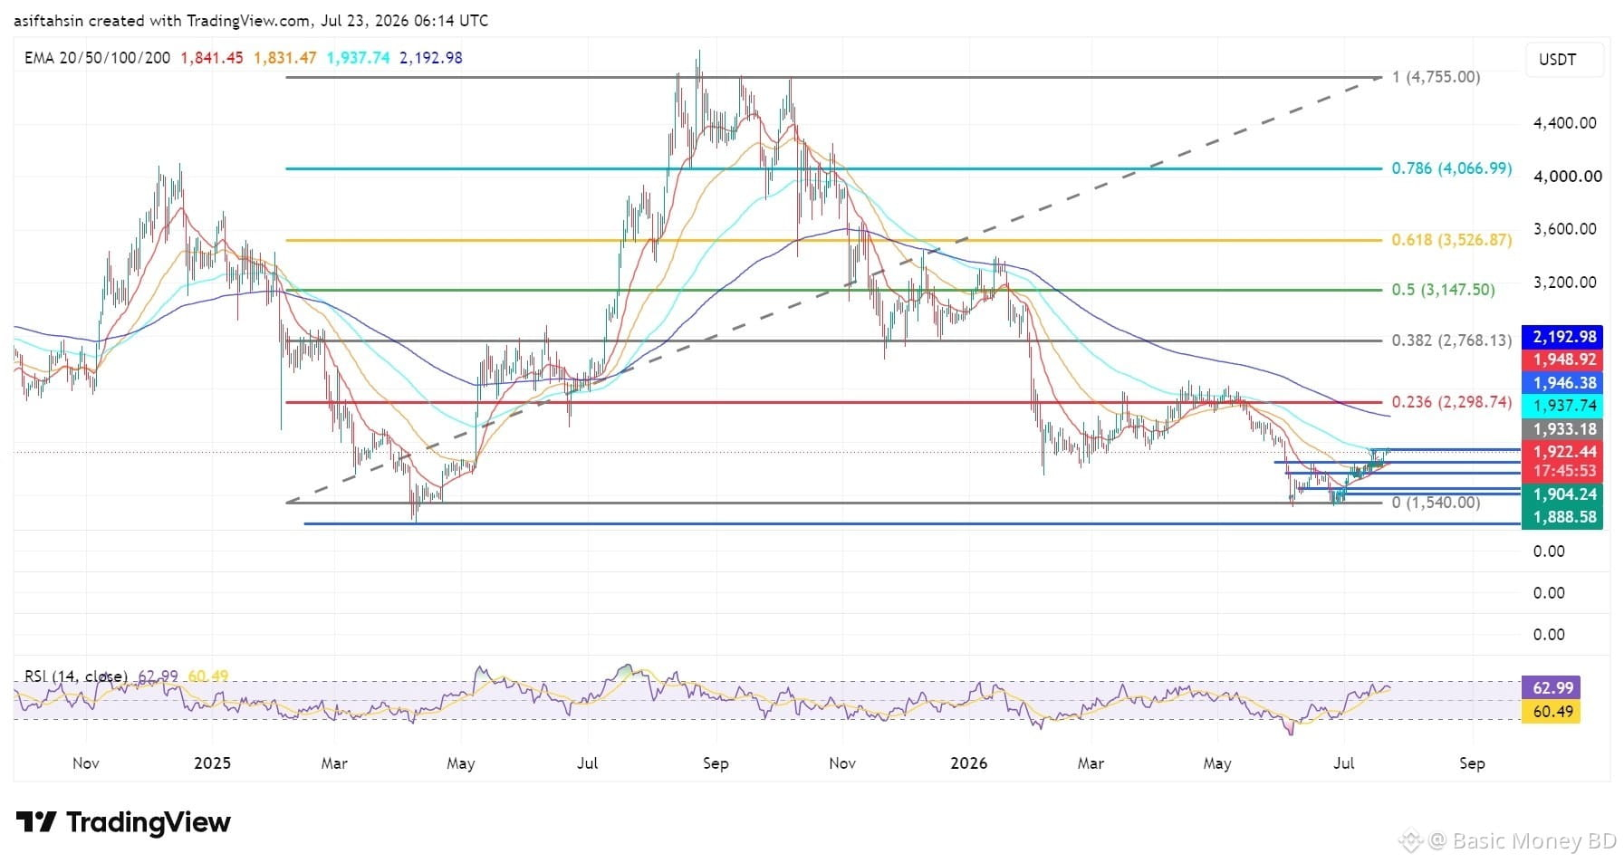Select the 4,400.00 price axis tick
click(x=1564, y=123)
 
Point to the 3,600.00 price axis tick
click(x=1564, y=229)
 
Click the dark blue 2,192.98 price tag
click(x=1563, y=337)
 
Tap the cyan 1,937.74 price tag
click(x=1563, y=406)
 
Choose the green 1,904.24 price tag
click(x=1563, y=494)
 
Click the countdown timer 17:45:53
click(x=1563, y=471)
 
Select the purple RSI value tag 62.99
click(x=1552, y=689)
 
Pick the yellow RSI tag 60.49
click(x=1552, y=712)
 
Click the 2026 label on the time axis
click(x=968, y=763)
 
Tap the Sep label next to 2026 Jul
click(x=1472, y=763)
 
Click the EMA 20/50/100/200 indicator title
click(x=97, y=58)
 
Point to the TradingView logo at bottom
click(x=123, y=822)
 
